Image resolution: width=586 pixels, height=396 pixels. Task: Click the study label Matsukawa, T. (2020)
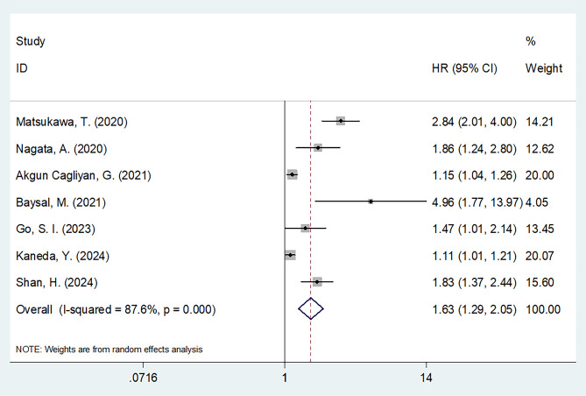[72, 122]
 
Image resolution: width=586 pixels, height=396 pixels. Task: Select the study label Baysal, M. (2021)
[61, 202]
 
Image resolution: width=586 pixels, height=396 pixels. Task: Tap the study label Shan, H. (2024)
[57, 282]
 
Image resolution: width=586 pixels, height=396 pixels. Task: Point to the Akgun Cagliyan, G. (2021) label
[83, 175]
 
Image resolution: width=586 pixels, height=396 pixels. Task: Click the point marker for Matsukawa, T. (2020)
[341, 121]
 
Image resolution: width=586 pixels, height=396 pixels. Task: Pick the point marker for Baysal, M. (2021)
[371, 202]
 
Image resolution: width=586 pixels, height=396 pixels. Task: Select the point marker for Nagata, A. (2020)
[318, 148]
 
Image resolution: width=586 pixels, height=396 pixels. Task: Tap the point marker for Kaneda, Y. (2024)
[291, 256]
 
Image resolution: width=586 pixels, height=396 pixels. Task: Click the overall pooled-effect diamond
[311, 308]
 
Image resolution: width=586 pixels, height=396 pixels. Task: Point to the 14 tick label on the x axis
[426, 378]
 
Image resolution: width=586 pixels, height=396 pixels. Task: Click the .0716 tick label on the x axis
[143, 378]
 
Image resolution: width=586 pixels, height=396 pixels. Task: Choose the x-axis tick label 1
[285, 378]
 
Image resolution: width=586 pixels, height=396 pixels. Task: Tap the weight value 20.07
[540, 256]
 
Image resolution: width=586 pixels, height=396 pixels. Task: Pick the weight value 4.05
[537, 202]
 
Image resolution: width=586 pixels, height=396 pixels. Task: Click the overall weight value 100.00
[543, 309]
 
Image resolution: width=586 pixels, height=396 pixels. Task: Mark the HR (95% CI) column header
[464, 68]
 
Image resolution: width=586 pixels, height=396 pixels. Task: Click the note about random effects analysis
[109, 350]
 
